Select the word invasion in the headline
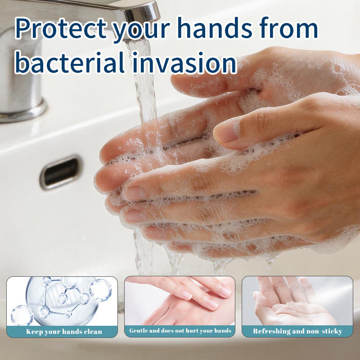point(184,63)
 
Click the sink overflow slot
point(60,172)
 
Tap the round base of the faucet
point(22,112)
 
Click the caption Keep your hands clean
point(64,332)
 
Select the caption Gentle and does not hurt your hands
point(180,331)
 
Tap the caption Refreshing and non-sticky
point(297,331)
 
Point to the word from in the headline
point(289,27)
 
